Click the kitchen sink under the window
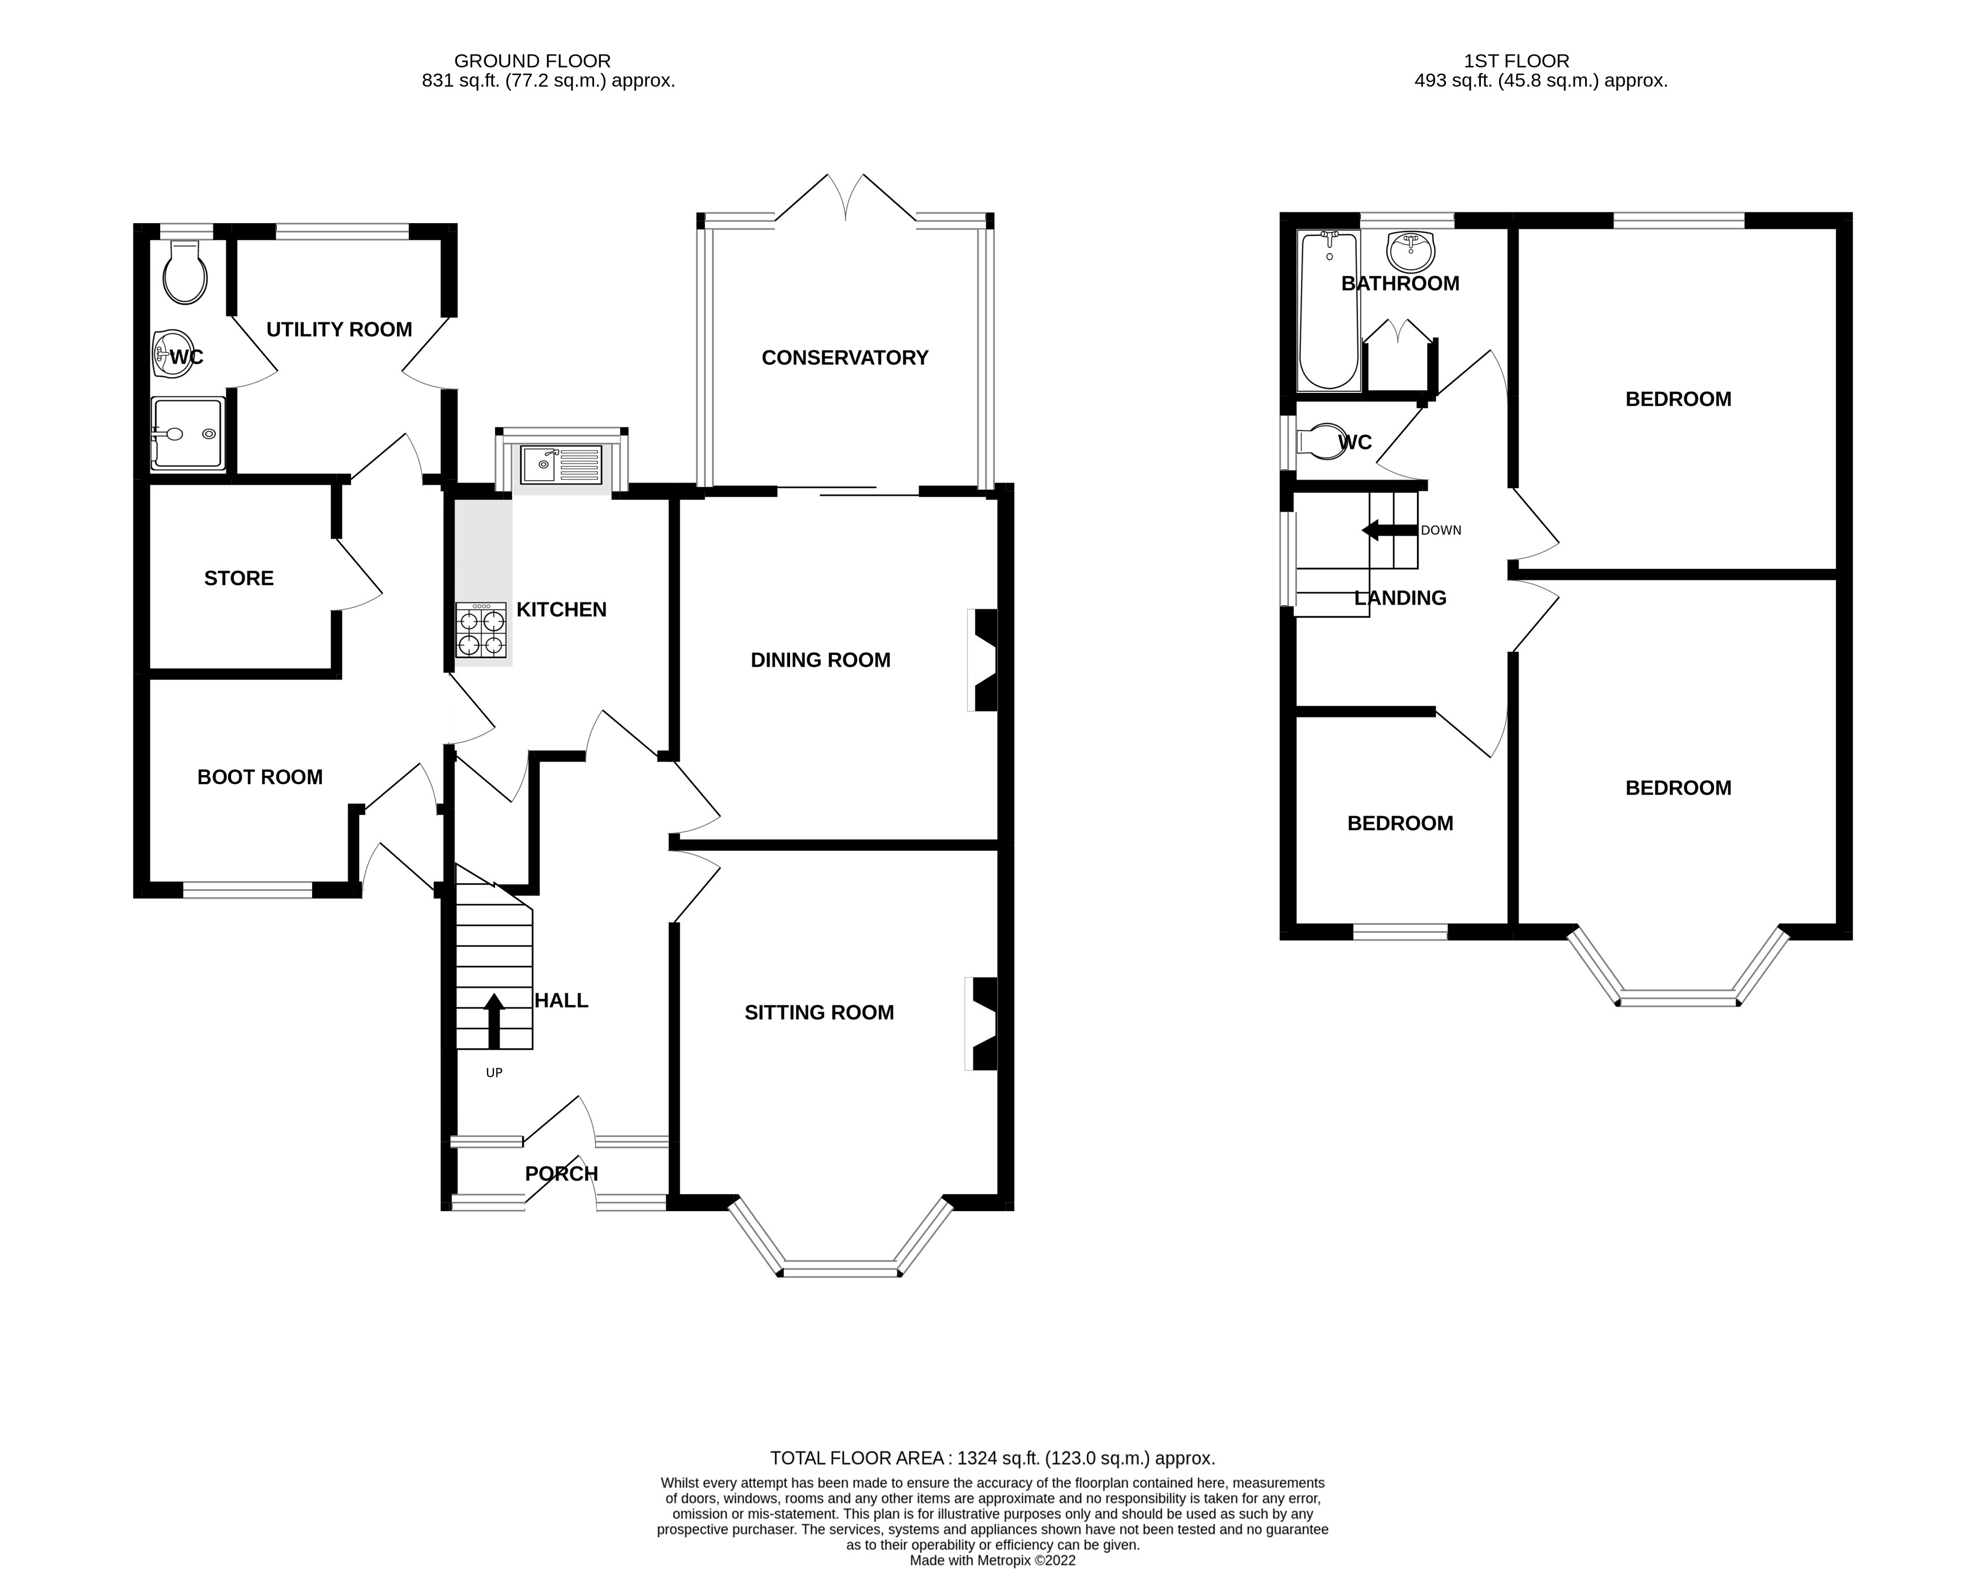561,465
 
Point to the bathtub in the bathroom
1329,310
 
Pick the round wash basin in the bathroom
1410,251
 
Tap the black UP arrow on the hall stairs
494,1020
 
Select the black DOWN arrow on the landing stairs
1390,530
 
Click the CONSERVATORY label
845,357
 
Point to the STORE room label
239,578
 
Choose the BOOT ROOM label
260,777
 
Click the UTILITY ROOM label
339,329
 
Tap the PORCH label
561,1173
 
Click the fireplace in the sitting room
981,1023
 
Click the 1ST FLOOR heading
1517,61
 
